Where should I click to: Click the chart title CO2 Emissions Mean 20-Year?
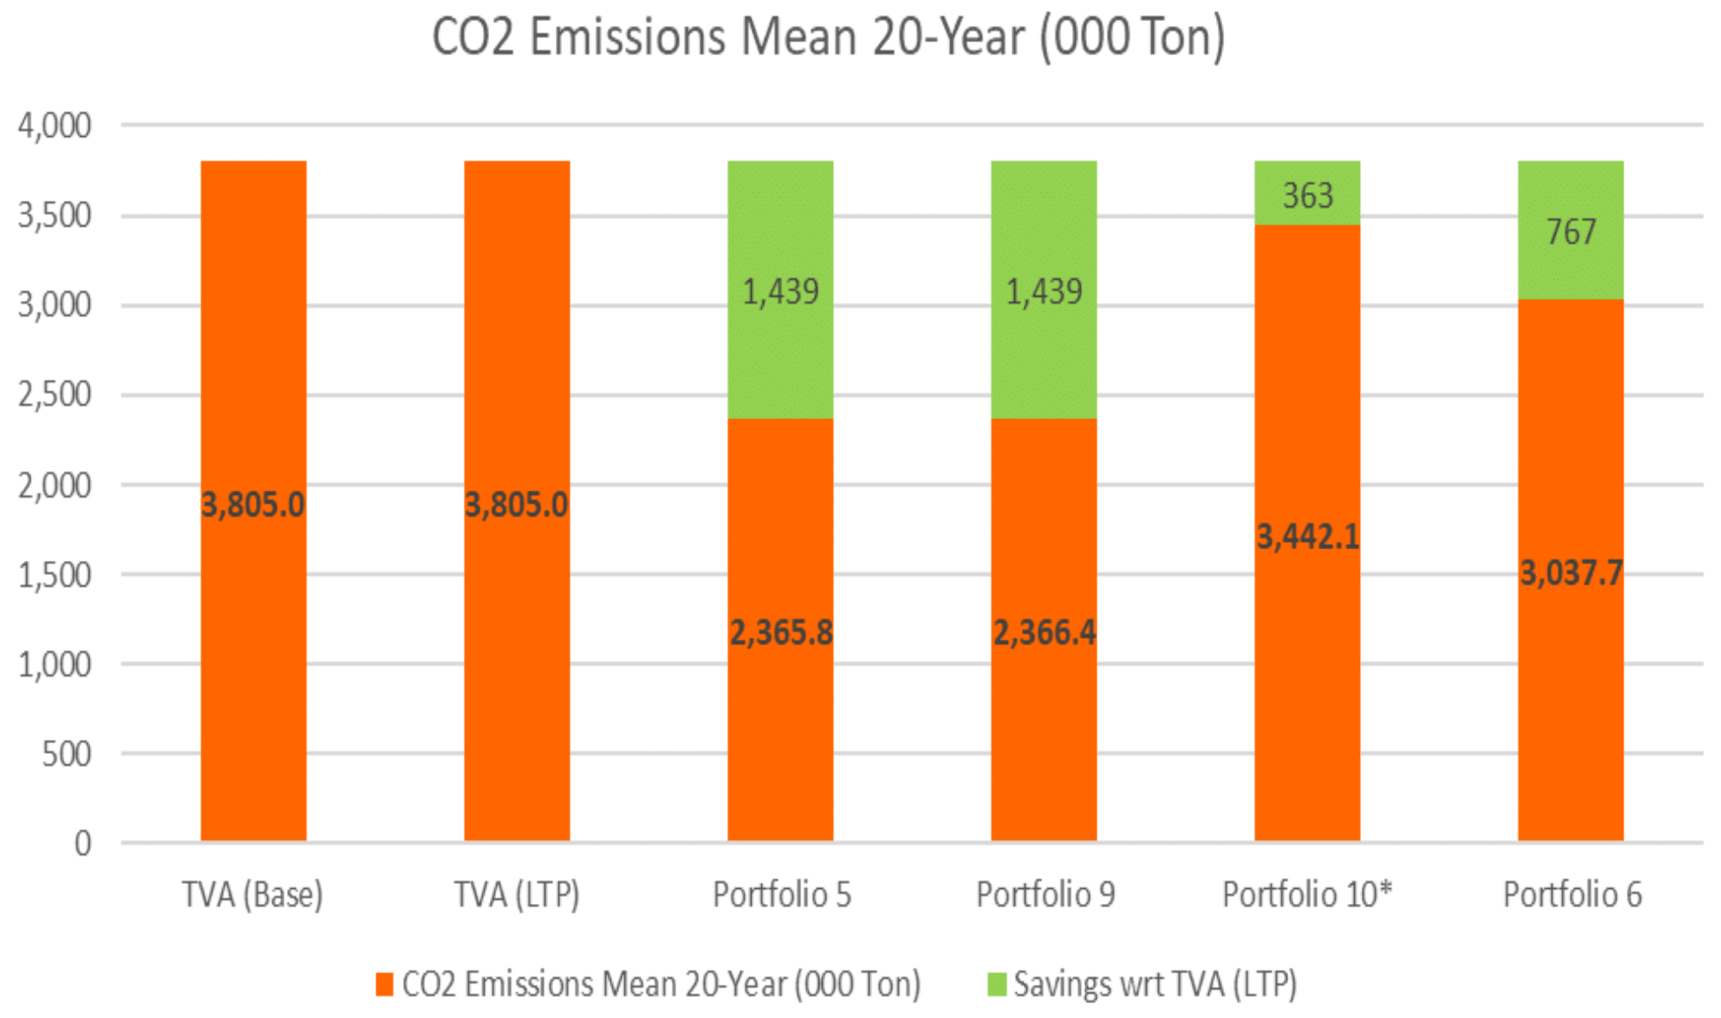coord(828,38)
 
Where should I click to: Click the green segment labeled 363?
coord(1307,194)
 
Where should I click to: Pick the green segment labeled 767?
coord(1570,231)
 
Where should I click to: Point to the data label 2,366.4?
coord(1044,632)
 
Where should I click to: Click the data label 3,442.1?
coord(1307,536)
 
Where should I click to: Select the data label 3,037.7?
coord(1571,573)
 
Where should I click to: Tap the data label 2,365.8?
coord(781,632)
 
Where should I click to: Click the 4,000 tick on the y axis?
coord(54,125)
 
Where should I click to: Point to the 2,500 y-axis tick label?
coord(54,394)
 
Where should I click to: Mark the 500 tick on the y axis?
coord(66,754)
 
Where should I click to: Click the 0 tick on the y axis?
coord(83,843)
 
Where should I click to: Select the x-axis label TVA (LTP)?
coord(516,895)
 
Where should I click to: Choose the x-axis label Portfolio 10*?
coord(1307,895)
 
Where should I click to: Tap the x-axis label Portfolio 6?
coord(1572,895)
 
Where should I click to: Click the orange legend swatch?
coord(384,985)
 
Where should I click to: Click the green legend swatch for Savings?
coord(997,985)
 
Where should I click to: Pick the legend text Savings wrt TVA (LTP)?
coord(1155,985)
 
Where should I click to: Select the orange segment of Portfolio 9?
coord(1043,746)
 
